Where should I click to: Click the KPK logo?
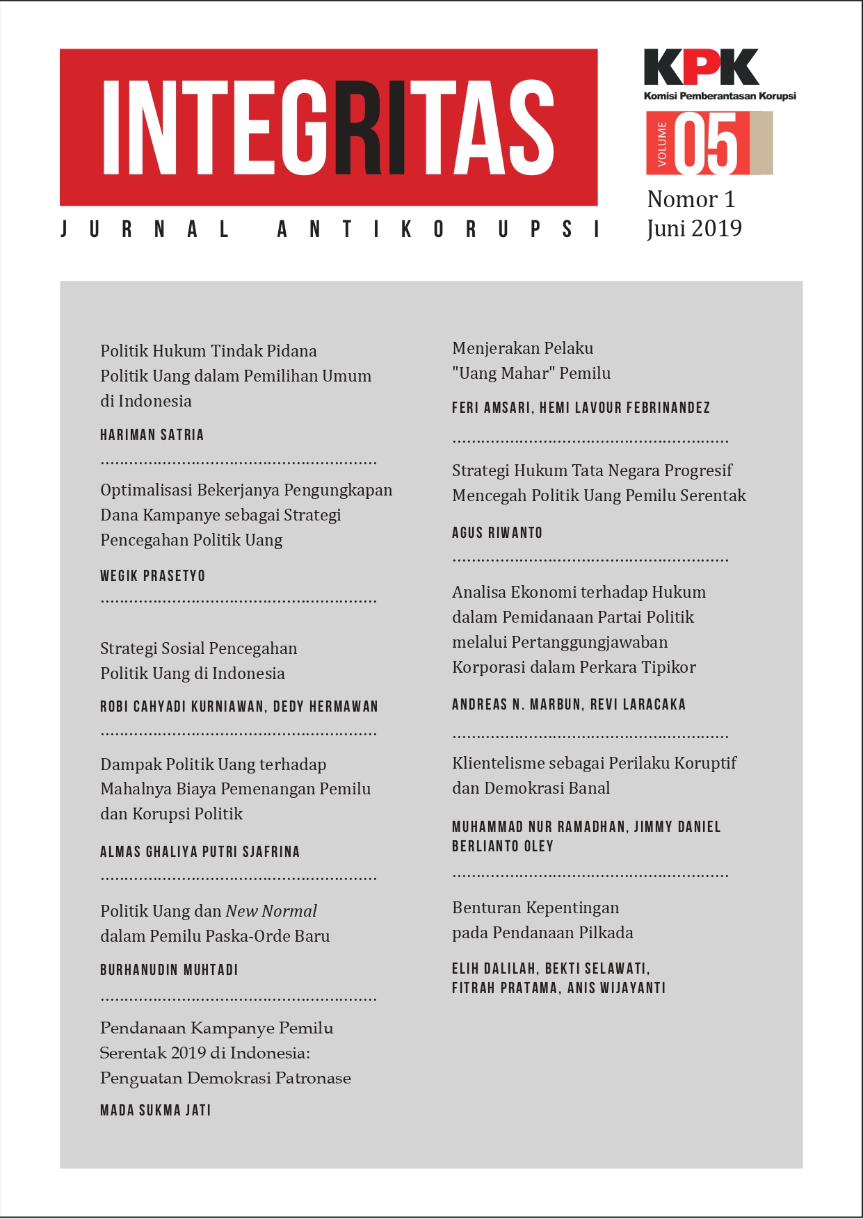coord(701,67)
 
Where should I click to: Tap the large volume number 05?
coord(706,145)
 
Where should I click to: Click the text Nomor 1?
coord(691,199)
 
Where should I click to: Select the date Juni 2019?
coord(694,229)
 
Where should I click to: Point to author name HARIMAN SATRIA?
coord(152,435)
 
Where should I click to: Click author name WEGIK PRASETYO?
coord(152,576)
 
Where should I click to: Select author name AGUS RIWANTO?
coord(497,533)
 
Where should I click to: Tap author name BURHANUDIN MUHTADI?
coord(169,970)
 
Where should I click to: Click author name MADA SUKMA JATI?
coord(155,1111)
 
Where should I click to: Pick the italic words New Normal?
coord(271,911)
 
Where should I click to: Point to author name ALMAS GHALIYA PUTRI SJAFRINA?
coord(200,852)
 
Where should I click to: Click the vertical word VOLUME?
coord(661,144)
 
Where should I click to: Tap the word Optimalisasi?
coord(146,490)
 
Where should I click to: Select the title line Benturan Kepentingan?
coord(535,908)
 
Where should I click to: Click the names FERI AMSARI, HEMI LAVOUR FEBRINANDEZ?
coord(581,408)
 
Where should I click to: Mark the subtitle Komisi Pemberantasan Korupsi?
coord(720,96)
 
